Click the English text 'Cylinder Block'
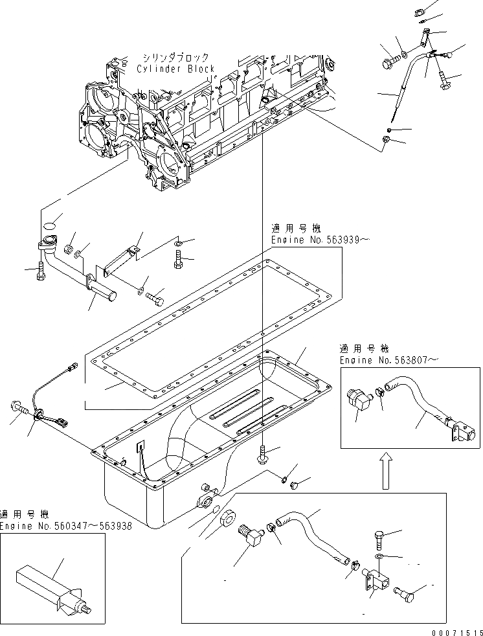point(175,68)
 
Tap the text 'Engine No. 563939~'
point(319,240)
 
